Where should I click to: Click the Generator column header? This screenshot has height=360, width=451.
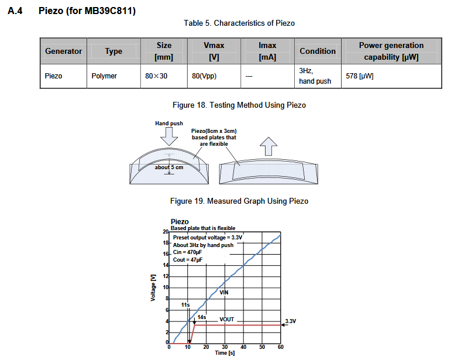(x=64, y=52)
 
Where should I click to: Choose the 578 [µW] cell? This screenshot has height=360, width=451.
(x=360, y=76)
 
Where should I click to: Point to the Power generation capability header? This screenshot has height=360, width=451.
(x=391, y=52)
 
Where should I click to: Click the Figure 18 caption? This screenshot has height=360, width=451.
(x=239, y=105)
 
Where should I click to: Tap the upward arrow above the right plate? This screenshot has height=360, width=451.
(x=269, y=145)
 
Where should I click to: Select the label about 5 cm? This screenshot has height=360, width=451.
(x=168, y=167)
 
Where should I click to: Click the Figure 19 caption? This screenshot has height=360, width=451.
(x=239, y=201)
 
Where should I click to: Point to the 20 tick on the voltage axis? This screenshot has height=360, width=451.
(x=166, y=232)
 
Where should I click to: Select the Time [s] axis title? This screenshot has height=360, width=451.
(x=225, y=354)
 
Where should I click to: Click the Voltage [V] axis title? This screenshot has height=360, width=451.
(x=153, y=287)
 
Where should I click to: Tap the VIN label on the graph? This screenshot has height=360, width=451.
(x=224, y=293)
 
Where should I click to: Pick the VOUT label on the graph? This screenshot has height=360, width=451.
(x=227, y=320)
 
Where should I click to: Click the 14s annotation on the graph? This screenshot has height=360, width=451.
(x=202, y=317)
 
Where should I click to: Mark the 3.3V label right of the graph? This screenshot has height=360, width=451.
(x=291, y=321)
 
